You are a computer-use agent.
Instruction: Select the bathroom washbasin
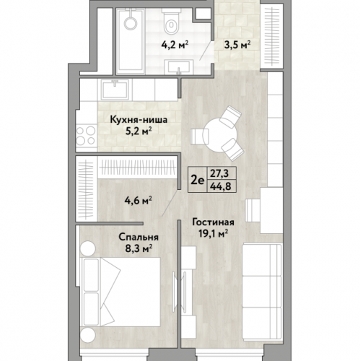(178, 66)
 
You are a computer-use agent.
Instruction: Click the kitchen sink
(115, 90)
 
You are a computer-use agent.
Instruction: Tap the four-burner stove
(86, 136)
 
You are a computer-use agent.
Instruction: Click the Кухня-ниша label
(139, 120)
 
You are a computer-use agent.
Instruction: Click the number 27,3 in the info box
(220, 173)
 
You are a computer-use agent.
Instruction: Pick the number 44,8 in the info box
(220, 186)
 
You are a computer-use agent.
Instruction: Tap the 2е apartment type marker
(198, 180)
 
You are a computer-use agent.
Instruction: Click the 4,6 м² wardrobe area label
(136, 201)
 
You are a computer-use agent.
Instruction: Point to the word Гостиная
(213, 222)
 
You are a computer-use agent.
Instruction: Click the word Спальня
(139, 238)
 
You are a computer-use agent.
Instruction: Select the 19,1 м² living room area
(213, 233)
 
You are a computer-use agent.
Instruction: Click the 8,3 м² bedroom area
(139, 248)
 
